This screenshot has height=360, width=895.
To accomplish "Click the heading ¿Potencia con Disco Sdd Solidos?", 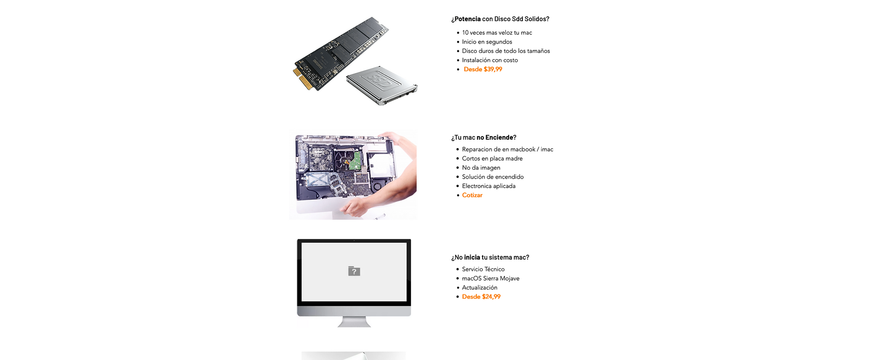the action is click(x=500, y=19).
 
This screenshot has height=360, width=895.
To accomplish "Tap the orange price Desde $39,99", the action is click(x=483, y=69).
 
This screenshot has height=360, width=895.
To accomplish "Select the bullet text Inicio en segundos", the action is click(x=487, y=42).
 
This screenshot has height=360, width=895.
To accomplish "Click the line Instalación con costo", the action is click(x=490, y=60).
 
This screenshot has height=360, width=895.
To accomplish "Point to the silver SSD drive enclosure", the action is click(x=382, y=85).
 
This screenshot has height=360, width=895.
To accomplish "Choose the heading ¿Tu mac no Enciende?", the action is click(x=483, y=137).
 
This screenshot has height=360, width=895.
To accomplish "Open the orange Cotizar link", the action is click(x=472, y=195).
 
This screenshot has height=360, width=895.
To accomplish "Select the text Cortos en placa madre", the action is click(x=492, y=159).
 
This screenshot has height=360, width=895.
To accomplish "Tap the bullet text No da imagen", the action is click(x=481, y=168).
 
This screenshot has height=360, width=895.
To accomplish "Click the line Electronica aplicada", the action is click(x=489, y=186).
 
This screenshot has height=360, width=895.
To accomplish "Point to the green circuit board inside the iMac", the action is click(x=355, y=160).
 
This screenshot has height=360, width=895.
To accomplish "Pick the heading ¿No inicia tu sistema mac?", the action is click(x=490, y=257).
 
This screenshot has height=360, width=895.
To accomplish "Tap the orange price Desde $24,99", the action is click(x=481, y=297).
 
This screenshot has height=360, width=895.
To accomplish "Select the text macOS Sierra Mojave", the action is click(x=490, y=279).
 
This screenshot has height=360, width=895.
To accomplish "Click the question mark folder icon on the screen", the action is click(x=354, y=271).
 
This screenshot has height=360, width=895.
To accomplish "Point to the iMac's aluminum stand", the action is click(x=354, y=322).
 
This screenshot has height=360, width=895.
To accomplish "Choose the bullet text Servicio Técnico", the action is click(x=483, y=269).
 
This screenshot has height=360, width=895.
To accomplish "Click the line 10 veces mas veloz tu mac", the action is click(x=497, y=33).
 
